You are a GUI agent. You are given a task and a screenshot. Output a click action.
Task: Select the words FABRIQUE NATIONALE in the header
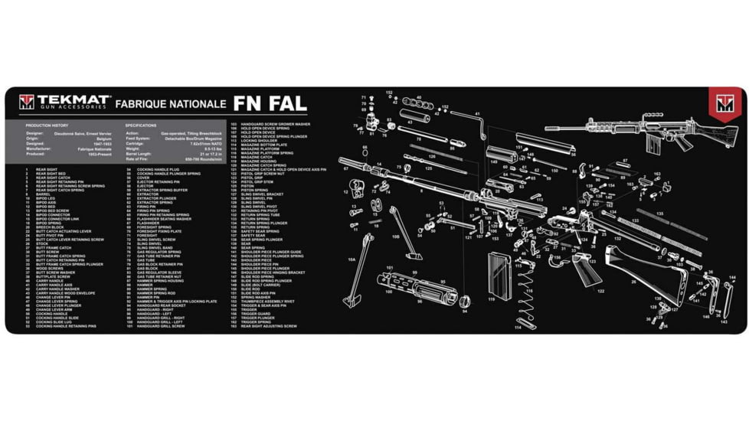[170, 103]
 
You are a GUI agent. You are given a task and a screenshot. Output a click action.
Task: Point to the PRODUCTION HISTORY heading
[47, 125]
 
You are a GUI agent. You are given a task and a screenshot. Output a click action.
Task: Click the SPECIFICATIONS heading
[141, 125]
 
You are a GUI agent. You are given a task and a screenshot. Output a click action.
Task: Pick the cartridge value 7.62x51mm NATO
[204, 143]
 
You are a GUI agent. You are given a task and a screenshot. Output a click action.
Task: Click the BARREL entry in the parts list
[43, 194]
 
